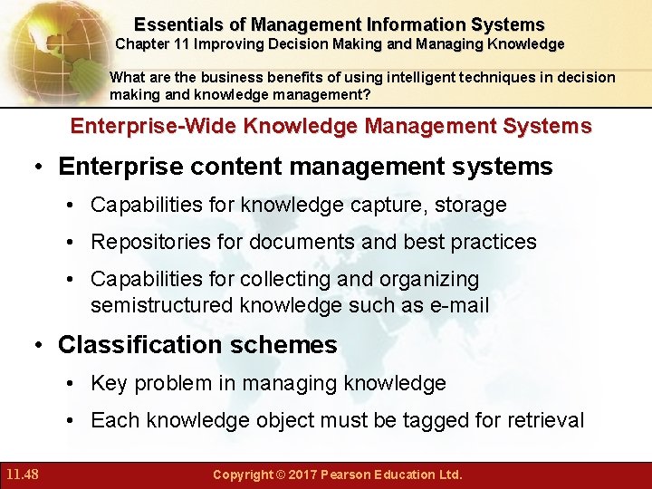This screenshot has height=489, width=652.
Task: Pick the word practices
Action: [x=496, y=242]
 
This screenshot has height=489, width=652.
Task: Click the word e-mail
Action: [x=459, y=305]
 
